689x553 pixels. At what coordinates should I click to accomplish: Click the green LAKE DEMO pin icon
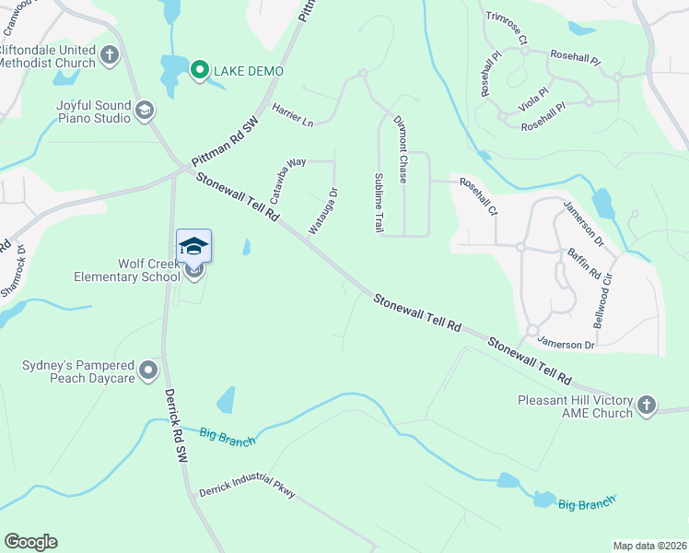pos(199,70)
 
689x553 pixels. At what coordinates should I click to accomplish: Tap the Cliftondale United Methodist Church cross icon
pos(110,55)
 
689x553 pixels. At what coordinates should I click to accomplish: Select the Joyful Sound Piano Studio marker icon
pos(144,112)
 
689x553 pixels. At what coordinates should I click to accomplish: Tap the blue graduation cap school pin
pos(193,246)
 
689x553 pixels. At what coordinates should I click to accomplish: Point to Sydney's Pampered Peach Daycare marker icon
pos(148,371)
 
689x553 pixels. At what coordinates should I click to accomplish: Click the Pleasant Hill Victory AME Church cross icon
pos(647,405)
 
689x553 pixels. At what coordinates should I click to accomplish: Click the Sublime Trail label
pos(379,202)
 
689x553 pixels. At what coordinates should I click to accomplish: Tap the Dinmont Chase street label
pos(401,148)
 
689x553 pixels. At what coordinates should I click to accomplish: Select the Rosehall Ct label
pos(479,196)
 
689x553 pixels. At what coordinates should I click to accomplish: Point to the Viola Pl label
pos(533,100)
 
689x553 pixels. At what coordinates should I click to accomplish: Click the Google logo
pos(30,541)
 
